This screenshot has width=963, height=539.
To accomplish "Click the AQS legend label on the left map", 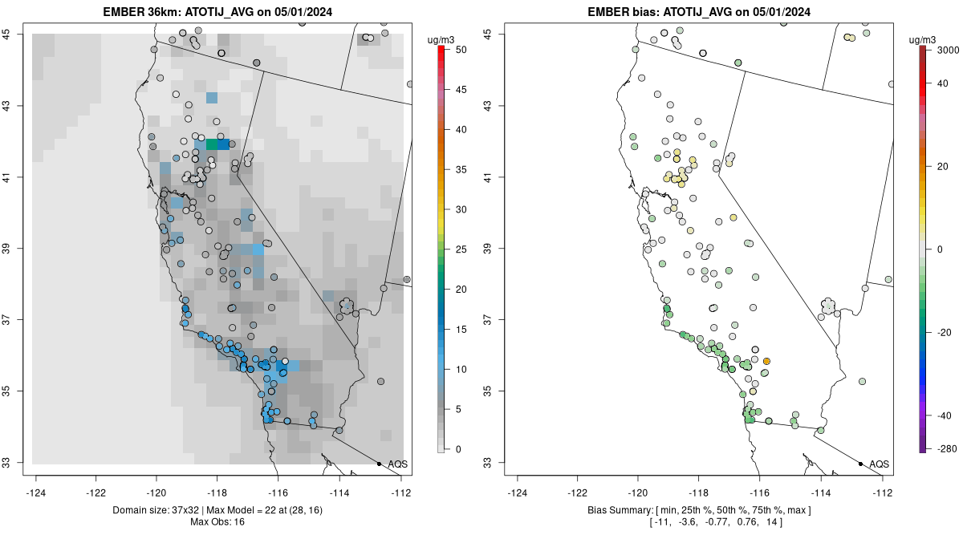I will click(397, 464).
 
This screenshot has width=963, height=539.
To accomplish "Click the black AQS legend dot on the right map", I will click(860, 464).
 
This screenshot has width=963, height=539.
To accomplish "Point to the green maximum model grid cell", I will click(212, 144).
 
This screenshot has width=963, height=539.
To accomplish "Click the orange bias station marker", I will click(766, 362).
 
